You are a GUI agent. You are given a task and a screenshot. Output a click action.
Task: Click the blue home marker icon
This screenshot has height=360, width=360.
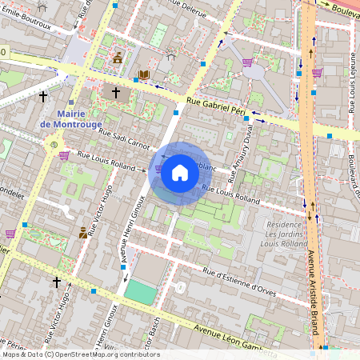coord(180,173)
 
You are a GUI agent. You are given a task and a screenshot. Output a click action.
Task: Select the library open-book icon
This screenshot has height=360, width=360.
coord(144,75)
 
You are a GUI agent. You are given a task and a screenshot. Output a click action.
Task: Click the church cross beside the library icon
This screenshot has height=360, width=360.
coord(116,93)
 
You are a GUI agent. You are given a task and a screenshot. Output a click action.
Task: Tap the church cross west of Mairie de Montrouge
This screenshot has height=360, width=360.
coord(43,97)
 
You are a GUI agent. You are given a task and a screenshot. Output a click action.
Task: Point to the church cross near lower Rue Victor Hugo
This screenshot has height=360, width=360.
coord(56,282)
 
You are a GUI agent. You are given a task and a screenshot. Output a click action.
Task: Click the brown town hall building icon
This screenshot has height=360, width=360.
coord(118,58)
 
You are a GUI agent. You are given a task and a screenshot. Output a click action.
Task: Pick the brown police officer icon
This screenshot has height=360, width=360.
coord(83,233)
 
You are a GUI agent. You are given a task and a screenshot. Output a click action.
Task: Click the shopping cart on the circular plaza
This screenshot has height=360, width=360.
coord(247,62)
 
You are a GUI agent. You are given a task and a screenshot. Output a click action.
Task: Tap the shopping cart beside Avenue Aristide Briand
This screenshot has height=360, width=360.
coord(317,73)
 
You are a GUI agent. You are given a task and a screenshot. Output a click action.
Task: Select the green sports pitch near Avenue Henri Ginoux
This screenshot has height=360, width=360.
coord(141,292)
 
